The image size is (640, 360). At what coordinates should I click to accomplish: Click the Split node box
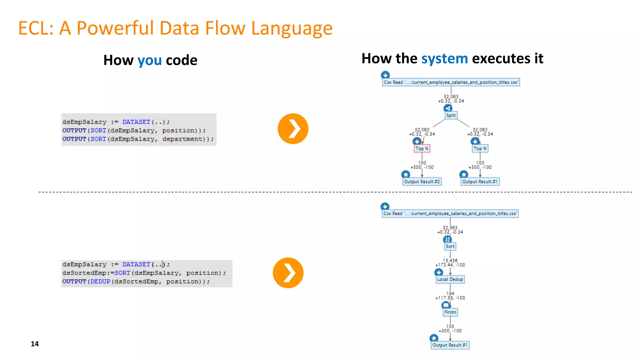(451, 115)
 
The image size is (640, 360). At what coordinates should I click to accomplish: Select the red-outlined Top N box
(422, 148)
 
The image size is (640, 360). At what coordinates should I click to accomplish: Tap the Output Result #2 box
(422, 182)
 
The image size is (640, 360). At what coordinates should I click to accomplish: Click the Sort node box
(450, 246)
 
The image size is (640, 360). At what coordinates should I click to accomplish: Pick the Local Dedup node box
(450, 279)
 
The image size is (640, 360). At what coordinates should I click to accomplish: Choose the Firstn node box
(450, 312)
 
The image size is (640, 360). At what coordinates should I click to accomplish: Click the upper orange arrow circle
(293, 128)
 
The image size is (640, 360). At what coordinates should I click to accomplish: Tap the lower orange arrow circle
(288, 272)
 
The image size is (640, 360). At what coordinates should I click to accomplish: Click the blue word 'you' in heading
(149, 60)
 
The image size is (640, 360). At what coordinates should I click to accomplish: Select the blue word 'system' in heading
(444, 58)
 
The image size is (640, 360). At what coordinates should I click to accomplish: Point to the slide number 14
(35, 344)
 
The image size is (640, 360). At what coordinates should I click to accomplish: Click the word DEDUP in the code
(100, 281)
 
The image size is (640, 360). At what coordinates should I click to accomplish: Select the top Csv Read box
(451, 82)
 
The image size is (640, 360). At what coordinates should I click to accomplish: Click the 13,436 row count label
(450, 260)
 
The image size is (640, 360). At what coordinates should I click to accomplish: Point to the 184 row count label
(450, 293)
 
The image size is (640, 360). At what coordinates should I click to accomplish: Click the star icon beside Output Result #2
(406, 174)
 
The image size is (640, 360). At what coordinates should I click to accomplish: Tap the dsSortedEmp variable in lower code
(84, 273)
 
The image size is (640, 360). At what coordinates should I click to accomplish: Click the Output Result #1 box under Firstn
(450, 345)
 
